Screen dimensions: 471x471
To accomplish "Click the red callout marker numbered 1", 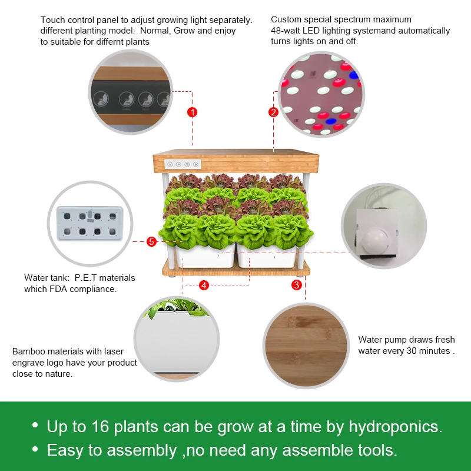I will (x=192, y=112).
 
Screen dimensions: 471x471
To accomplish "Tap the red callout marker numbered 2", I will (x=273, y=112).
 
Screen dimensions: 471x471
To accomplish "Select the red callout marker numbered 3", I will (x=297, y=285).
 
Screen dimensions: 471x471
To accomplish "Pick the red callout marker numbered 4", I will (x=204, y=285).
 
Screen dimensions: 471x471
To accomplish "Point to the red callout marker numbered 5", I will (x=151, y=241).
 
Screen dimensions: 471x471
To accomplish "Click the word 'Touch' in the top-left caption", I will (x=53, y=20).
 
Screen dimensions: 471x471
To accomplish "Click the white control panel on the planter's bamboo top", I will (x=183, y=165).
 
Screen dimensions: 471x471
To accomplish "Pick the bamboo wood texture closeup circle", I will (x=306, y=345).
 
